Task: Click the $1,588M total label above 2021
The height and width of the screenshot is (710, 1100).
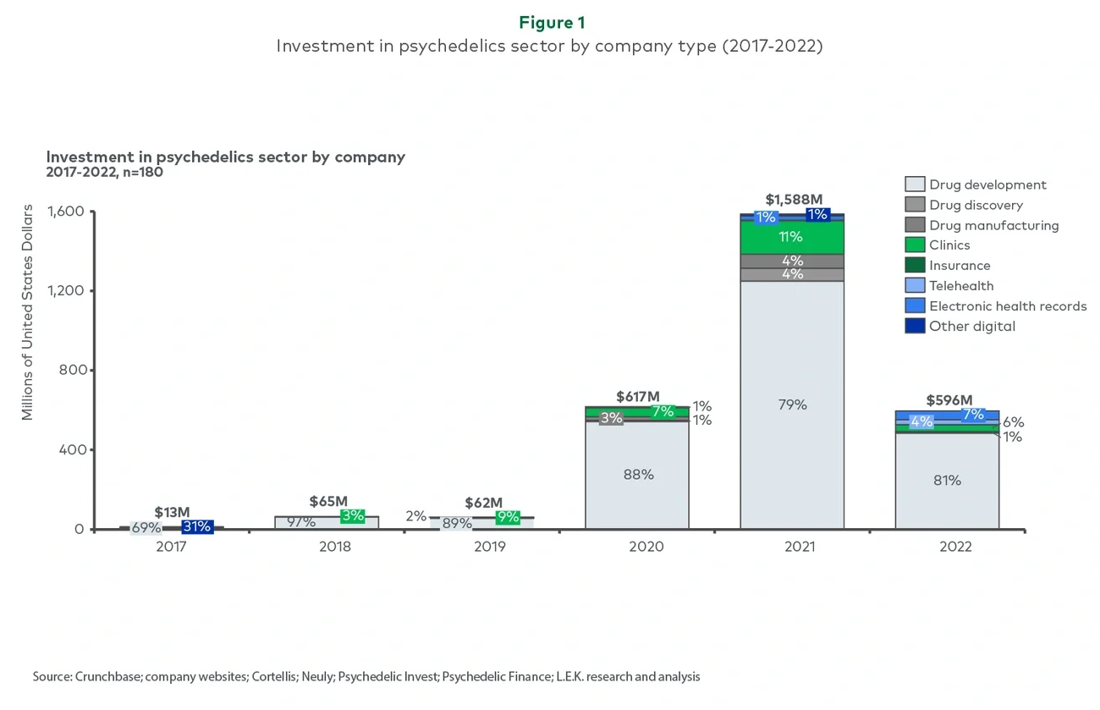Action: [x=793, y=200]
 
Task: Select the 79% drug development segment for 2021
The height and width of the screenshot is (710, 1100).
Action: [x=792, y=405]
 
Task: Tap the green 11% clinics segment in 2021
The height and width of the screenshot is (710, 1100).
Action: [x=792, y=237]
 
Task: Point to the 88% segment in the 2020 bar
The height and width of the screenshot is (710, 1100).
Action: [x=637, y=475]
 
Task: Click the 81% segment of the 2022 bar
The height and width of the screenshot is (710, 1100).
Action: [x=947, y=481]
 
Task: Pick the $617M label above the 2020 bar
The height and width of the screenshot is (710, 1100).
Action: [x=637, y=396]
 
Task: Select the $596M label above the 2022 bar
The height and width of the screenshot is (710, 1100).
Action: [x=949, y=400]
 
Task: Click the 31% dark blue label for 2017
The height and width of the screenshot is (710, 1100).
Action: [x=196, y=527]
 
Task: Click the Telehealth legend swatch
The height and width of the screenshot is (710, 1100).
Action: [x=915, y=286]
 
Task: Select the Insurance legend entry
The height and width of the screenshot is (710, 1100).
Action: [x=959, y=266]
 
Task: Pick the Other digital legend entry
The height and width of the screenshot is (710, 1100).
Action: [x=971, y=327]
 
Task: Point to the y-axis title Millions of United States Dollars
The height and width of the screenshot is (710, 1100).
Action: [x=28, y=312]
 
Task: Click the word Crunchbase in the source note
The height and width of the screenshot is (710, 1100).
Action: [x=104, y=677]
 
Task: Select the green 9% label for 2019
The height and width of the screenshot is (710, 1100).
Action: [x=508, y=517]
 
